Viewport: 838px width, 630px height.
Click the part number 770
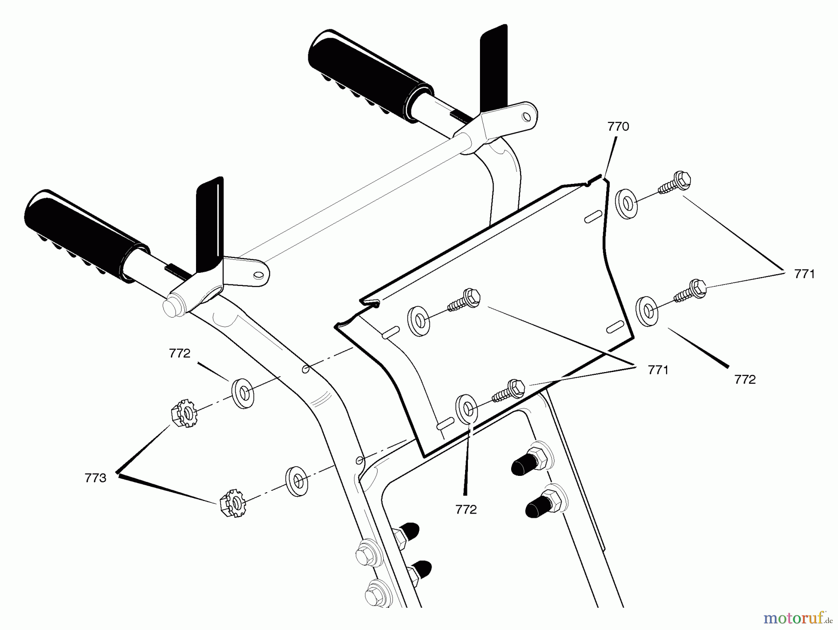[618, 127]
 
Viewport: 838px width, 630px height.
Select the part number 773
[95, 478]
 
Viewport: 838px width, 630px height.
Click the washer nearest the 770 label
[625, 202]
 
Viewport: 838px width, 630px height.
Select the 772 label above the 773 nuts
[180, 353]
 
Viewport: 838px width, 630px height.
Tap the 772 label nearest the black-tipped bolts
[466, 510]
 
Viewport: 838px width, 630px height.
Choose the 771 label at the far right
[804, 274]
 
